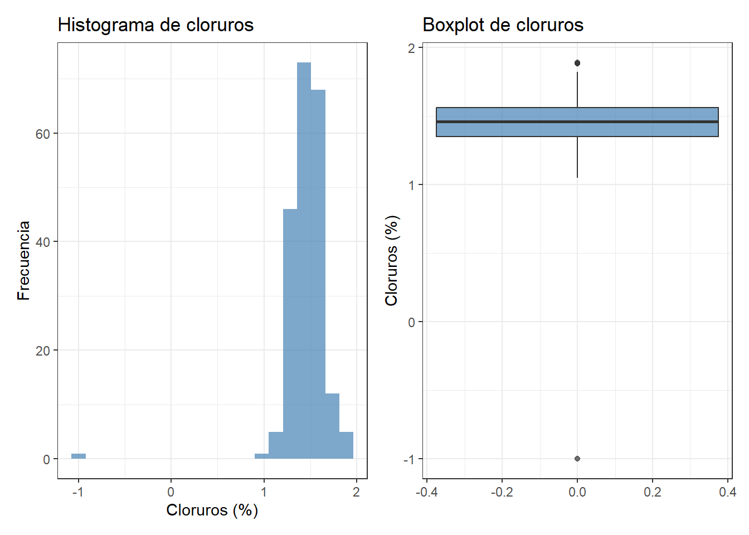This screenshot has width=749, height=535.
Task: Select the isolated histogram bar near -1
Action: (x=79, y=456)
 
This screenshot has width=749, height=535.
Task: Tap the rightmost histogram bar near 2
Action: (x=346, y=445)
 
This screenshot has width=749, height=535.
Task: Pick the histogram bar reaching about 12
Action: (x=332, y=426)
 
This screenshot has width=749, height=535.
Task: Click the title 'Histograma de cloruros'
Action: (x=155, y=25)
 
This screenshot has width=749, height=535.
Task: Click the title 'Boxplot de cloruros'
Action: (x=503, y=25)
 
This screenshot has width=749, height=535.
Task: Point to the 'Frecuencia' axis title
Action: (x=23, y=260)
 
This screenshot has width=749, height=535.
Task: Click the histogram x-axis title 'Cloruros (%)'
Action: (x=212, y=510)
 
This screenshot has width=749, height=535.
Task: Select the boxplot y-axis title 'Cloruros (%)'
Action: (x=392, y=260)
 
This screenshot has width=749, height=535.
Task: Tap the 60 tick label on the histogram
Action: (x=43, y=134)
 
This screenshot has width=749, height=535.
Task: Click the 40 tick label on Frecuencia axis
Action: (x=43, y=242)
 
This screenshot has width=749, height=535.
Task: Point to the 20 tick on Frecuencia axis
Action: (x=43, y=351)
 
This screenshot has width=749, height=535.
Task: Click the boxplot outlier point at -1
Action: (x=577, y=459)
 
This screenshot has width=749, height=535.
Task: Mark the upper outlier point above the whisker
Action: (x=577, y=63)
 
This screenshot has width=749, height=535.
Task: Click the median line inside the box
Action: (x=577, y=121)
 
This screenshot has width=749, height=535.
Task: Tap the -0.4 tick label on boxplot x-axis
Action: (x=426, y=492)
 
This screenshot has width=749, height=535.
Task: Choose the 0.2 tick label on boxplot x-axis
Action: (x=653, y=492)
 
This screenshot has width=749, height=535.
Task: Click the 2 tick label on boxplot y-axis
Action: (x=412, y=48)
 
